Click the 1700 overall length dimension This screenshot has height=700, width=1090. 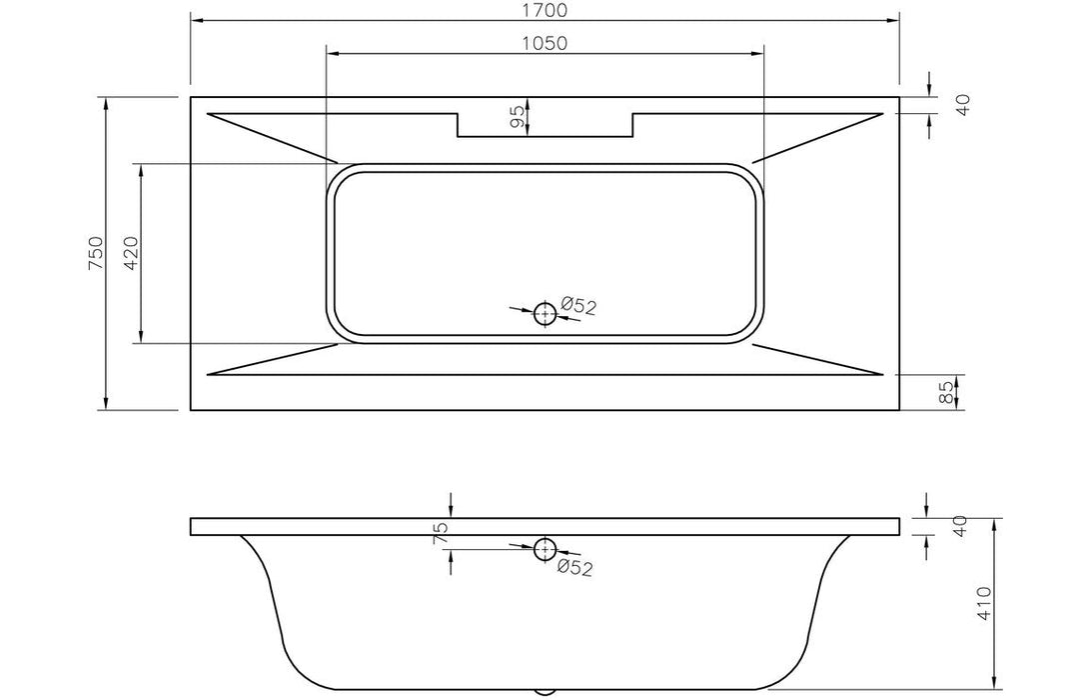tap(545, 11)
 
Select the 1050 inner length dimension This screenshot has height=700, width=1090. tap(545, 43)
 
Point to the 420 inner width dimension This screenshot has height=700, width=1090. tap(130, 253)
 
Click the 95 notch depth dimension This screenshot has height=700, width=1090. tap(517, 117)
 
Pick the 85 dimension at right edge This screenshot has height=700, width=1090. tap(948, 392)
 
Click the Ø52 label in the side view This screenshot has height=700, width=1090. tap(575, 568)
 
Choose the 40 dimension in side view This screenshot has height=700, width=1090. tap(962, 527)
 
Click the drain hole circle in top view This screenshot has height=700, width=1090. tap(545, 314)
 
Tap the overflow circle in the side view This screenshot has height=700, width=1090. tap(545, 548)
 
